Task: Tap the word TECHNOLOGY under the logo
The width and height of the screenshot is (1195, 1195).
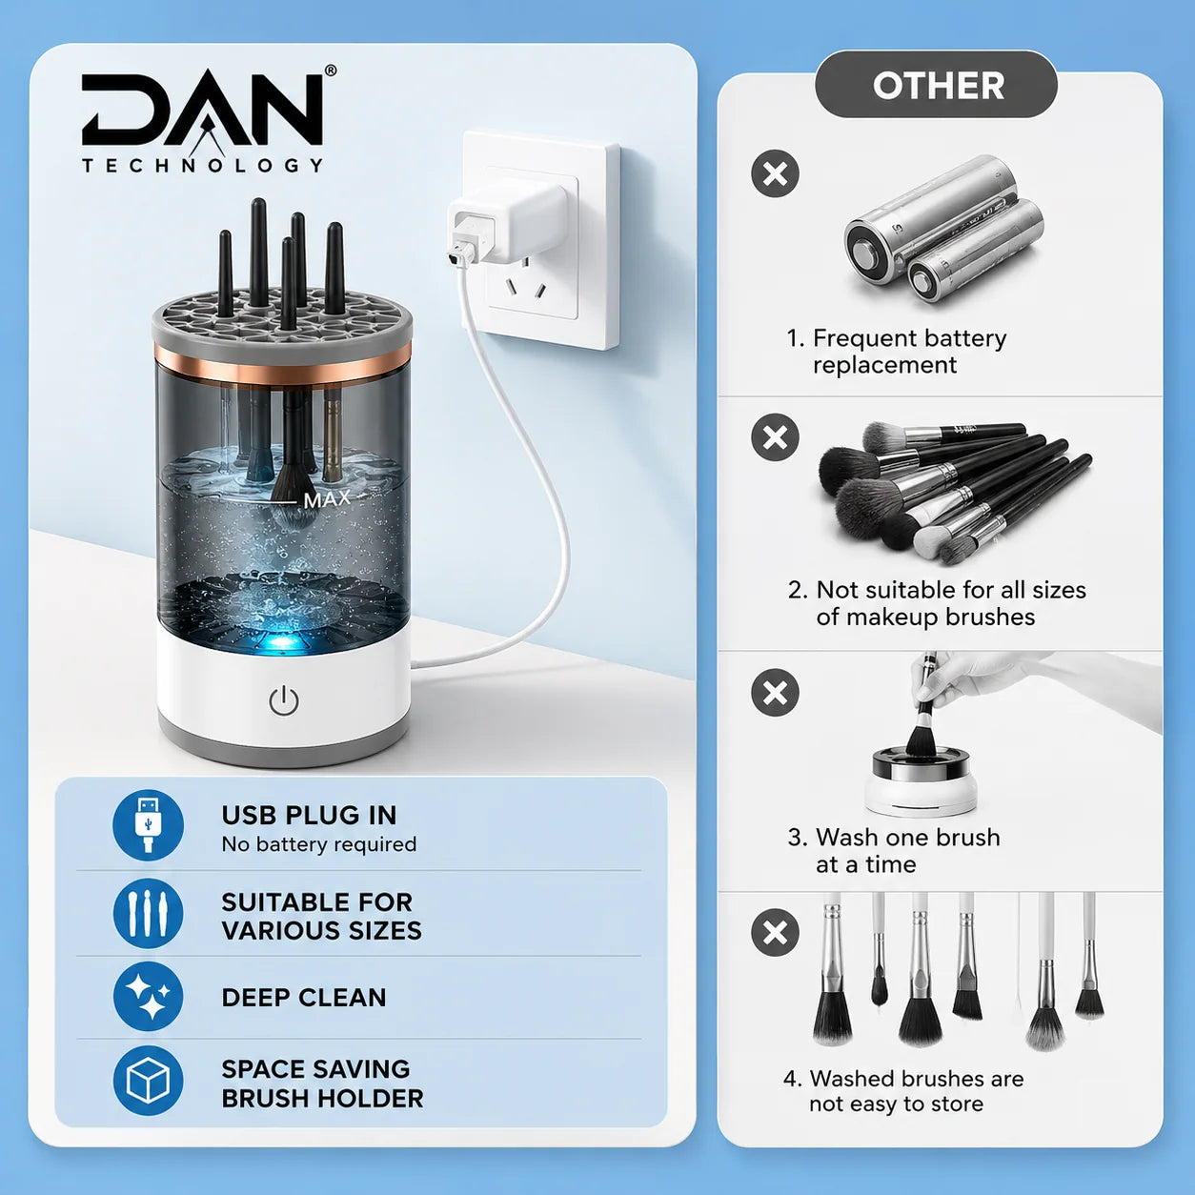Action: pos(202,165)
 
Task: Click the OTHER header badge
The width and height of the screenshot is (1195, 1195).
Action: pos(938,85)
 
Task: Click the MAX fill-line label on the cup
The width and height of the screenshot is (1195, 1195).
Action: pos(328,499)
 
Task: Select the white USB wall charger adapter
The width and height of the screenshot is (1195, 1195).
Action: pos(505,228)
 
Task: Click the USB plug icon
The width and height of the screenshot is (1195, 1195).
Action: pos(148,824)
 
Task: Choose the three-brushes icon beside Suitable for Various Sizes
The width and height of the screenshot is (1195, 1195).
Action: pos(148,913)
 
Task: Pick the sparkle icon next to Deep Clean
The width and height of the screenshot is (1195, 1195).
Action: pos(148,997)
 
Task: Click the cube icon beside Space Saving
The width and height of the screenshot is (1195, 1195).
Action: pos(148,1081)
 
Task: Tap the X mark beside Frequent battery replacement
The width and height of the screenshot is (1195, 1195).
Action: pos(775,173)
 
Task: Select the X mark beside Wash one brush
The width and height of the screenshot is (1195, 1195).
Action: pos(775,692)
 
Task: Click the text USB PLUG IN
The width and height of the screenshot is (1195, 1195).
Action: pos(309,816)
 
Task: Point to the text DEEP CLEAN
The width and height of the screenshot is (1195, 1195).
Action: pos(304,997)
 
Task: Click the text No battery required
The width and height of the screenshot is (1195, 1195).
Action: pos(318,844)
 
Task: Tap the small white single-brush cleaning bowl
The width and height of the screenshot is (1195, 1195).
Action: pos(921,782)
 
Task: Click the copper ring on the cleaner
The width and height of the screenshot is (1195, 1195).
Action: pos(282,369)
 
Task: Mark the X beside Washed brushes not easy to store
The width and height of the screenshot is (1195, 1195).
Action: pos(775,933)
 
